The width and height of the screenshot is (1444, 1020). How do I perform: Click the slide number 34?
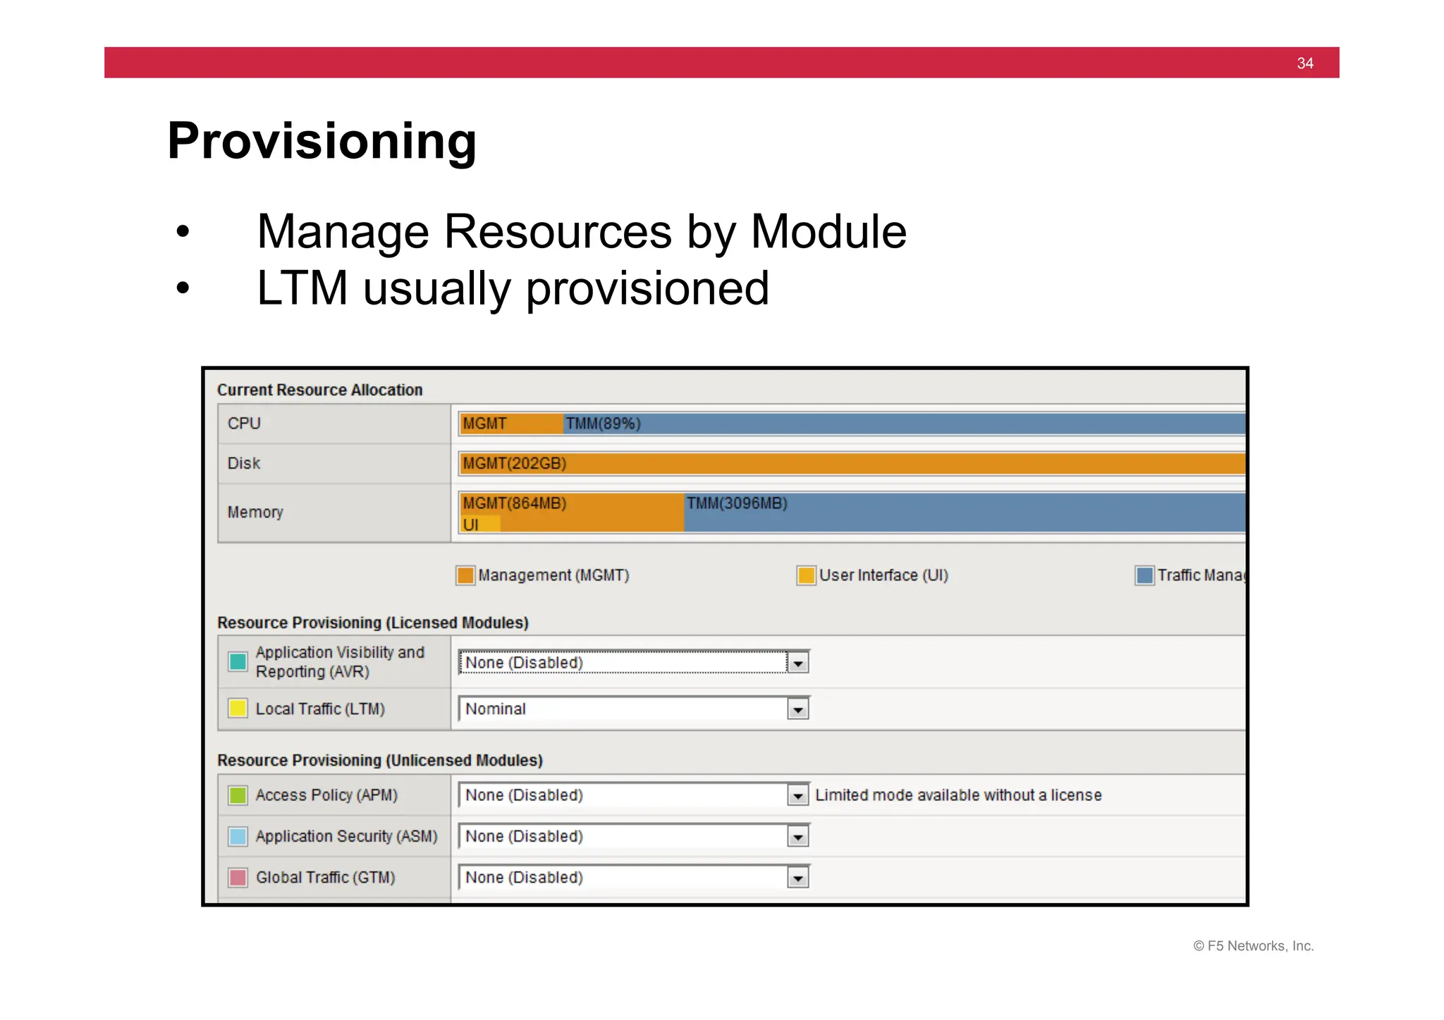point(1304,63)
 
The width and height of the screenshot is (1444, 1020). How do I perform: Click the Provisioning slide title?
point(322,141)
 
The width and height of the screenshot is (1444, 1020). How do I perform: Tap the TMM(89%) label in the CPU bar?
point(603,424)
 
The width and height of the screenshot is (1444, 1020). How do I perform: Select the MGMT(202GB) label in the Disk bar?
point(515,464)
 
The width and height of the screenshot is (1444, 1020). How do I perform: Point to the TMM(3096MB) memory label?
point(737,503)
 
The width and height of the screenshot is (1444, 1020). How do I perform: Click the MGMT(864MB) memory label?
point(515,503)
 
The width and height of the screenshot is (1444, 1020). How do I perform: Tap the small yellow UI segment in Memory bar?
point(479,524)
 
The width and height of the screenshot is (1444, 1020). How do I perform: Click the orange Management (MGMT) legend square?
point(465,576)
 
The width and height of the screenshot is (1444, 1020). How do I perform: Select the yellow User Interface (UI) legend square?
point(806,576)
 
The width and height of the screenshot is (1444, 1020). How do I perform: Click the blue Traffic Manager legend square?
point(1144,576)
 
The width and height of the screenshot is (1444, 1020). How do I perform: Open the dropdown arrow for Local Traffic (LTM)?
point(797,709)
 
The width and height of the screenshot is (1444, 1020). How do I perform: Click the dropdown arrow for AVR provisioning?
point(797,663)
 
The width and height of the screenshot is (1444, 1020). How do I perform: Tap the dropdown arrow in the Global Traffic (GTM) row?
point(797,878)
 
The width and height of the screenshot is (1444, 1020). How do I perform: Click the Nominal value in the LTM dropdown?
point(496,709)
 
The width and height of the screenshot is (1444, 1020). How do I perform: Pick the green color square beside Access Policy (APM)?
point(238,796)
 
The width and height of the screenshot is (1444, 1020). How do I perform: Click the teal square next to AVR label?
point(238,662)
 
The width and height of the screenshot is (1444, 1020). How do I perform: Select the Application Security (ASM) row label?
point(346,837)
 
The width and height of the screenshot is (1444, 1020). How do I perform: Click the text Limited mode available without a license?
point(958,796)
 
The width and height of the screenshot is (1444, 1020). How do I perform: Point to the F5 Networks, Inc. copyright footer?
point(1253,946)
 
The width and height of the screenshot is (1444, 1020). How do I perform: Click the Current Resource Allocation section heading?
point(319,391)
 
